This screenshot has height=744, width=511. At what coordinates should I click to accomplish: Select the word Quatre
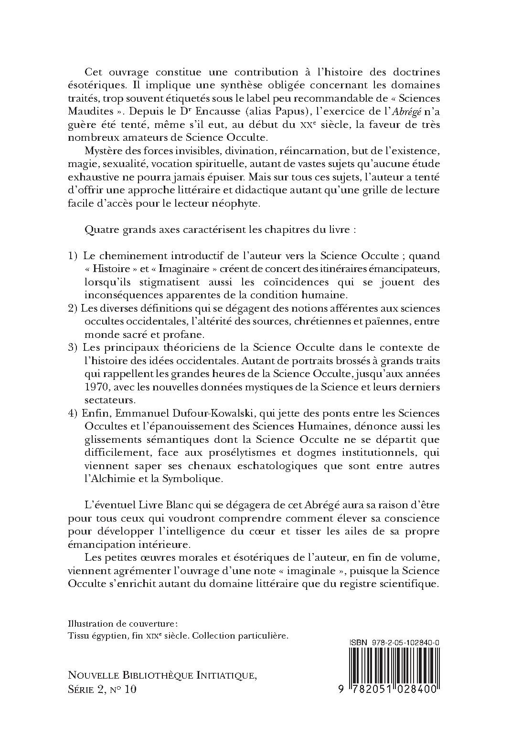(x=99, y=229)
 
